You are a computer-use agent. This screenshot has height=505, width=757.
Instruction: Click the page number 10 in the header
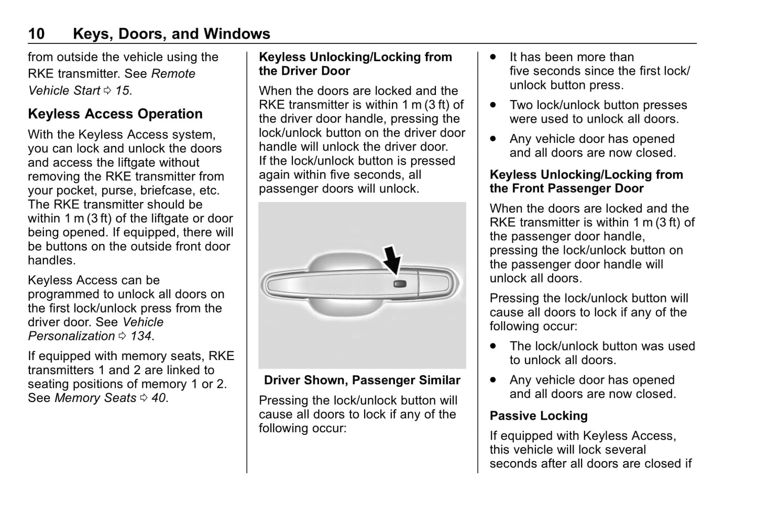pyautogui.click(x=36, y=34)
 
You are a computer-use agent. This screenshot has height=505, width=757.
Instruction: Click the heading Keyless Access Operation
pyautogui.click(x=115, y=114)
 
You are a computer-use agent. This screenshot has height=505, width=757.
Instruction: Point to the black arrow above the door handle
pyautogui.click(x=392, y=259)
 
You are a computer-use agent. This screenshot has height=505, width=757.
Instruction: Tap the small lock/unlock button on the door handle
pyautogui.click(x=399, y=284)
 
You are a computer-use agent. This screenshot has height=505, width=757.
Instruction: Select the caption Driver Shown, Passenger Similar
pyautogui.click(x=362, y=380)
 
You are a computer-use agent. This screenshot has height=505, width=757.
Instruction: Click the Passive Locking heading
pyautogui.click(x=539, y=416)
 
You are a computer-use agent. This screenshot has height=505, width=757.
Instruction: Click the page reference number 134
pyautogui.click(x=141, y=336)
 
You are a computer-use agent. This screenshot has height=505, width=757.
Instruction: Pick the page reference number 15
pyautogui.click(x=122, y=91)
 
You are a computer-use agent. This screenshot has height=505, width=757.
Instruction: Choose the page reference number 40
pyautogui.click(x=159, y=398)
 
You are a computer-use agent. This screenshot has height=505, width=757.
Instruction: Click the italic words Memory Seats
pyautogui.click(x=95, y=398)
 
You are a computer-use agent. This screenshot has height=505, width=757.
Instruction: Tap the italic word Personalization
pyautogui.click(x=71, y=336)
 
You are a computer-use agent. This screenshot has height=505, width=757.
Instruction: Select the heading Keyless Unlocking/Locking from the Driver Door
pyautogui.click(x=355, y=64)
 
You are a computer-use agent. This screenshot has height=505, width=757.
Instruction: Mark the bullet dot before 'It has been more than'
pyautogui.click(x=493, y=57)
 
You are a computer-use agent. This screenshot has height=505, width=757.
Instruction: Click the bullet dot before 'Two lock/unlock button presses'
pyautogui.click(x=493, y=105)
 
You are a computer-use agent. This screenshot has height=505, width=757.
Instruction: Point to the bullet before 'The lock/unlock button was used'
pyautogui.click(x=493, y=346)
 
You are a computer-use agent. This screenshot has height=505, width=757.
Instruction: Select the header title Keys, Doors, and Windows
pyautogui.click(x=171, y=34)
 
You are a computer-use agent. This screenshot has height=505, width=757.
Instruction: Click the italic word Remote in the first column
pyautogui.click(x=173, y=74)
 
